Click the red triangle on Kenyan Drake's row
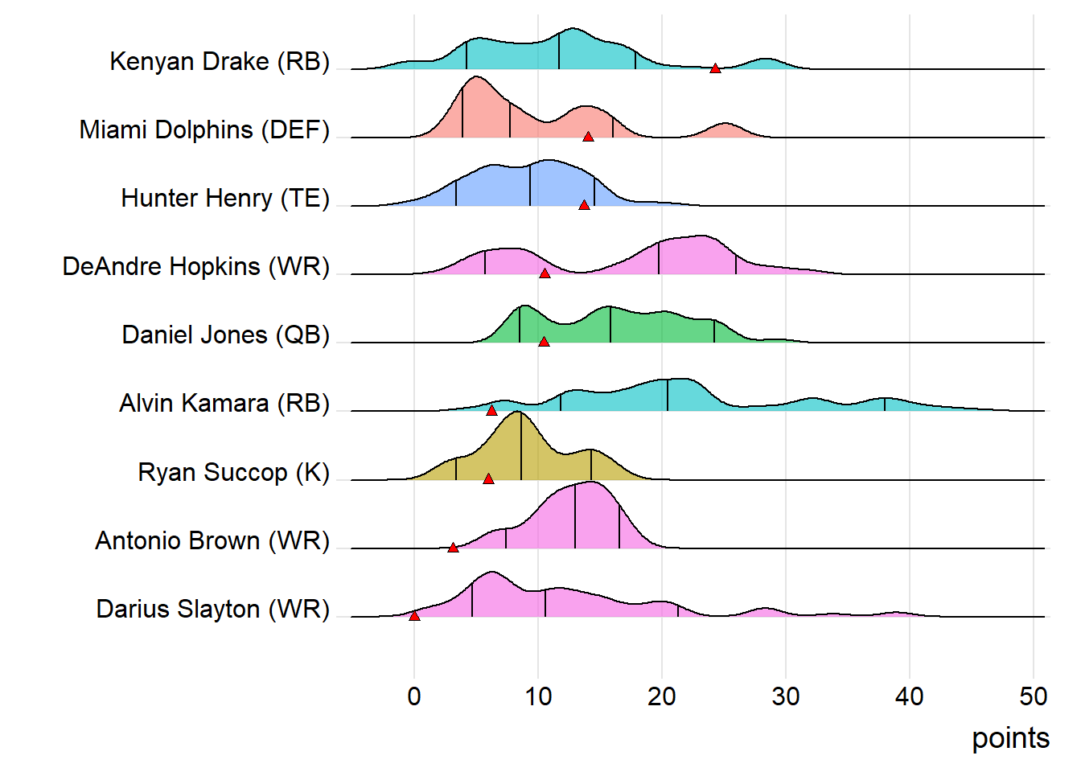(715, 68)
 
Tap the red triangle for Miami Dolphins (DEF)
(588, 137)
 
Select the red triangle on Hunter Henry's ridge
(584, 205)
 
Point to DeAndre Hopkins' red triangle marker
(545, 273)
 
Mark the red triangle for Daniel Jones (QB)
(544, 342)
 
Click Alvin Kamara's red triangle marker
(491, 410)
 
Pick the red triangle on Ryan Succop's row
(488, 478)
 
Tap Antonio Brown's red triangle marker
(453, 547)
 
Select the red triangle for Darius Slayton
(414, 616)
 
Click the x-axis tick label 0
(414, 696)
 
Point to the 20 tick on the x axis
(662, 696)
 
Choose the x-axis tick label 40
(910, 696)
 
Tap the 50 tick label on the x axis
(1034, 696)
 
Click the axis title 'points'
(1010, 738)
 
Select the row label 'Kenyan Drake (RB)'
(220, 61)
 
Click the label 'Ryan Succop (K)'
(234, 472)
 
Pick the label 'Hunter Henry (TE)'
(225, 198)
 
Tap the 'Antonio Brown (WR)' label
(212, 540)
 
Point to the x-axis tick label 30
(786, 696)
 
